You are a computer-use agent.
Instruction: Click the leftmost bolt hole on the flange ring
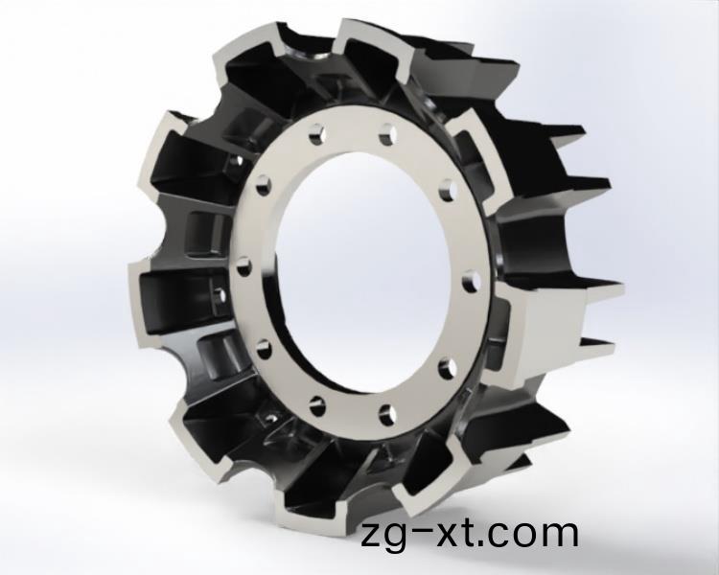pos(244,266)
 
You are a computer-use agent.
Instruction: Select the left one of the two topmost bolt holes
pos(316,134)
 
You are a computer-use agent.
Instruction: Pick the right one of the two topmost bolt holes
pos(387,133)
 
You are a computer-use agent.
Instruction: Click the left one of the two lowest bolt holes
pos(317,405)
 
